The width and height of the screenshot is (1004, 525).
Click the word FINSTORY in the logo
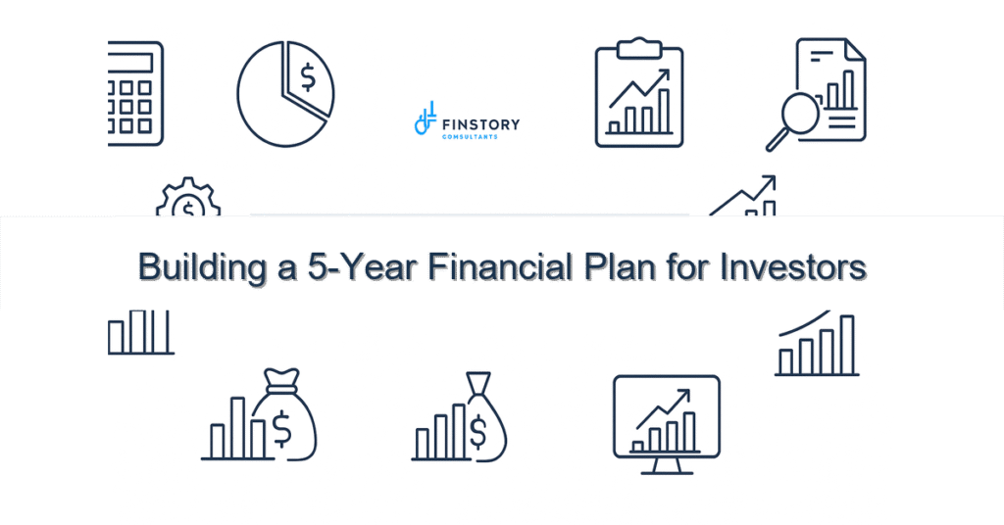(x=481, y=124)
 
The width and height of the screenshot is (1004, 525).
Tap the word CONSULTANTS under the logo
(x=470, y=137)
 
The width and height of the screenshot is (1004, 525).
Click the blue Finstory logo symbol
(x=425, y=119)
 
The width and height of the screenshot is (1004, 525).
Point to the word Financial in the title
(x=473, y=266)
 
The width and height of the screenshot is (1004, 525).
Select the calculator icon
(x=135, y=93)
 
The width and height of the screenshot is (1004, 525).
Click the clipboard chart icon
(x=639, y=96)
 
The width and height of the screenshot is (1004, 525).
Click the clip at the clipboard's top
(x=639, y=45)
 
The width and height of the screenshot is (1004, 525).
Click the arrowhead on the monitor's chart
(x=683, y=395)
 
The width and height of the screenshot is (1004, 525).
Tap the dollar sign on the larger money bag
(x=281, y=426)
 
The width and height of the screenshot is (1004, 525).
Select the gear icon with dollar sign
(x=188, y=200)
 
